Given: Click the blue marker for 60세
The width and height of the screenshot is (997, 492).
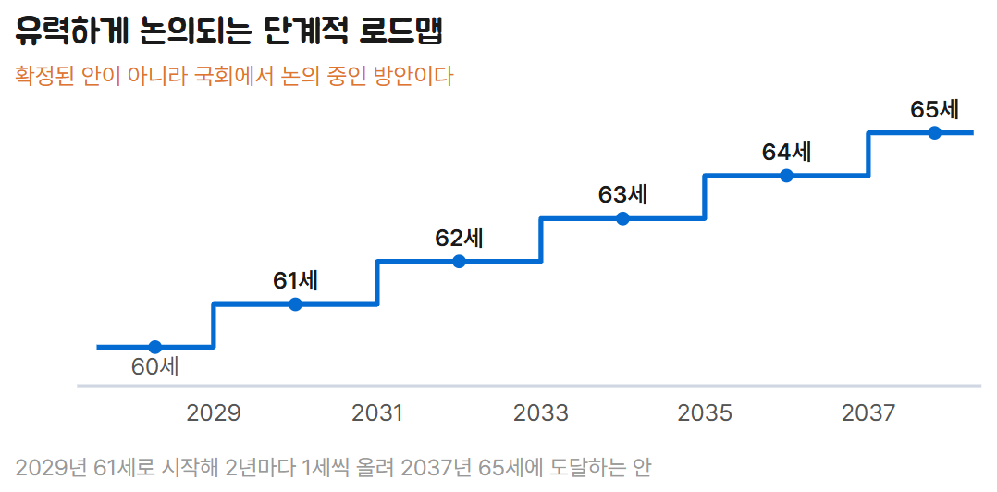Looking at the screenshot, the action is tap(154, 347).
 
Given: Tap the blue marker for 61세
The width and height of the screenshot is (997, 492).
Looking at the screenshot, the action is tap(295, 304).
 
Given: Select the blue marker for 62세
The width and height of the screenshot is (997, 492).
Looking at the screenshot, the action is tap(459, 261).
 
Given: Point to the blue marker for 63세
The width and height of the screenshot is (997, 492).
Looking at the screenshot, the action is tap(623, 218).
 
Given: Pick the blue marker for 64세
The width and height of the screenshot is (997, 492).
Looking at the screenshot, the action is tap(786, 176).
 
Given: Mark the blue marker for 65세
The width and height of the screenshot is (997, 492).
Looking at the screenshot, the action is tap(935, 133).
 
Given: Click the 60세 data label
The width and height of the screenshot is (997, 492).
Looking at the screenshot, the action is tap(155, 367).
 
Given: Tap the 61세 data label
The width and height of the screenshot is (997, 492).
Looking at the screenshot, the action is tap(296, 281).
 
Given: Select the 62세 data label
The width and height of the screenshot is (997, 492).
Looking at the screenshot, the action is tap(459, 238).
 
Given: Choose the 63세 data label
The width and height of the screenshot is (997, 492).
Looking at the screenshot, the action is tap(623, 195).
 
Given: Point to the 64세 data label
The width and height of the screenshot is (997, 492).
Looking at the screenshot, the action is tap(786, 152).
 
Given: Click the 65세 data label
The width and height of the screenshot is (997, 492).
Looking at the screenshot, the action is tap(935, 109).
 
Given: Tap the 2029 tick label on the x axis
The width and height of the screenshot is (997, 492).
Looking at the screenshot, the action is tap(214, 413).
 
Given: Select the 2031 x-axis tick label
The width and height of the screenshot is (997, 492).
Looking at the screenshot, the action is tap(377, 413).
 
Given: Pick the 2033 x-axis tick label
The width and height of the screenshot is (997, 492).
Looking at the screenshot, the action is tap(541, 413).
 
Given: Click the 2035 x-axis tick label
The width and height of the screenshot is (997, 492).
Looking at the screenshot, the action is tap(705, 413).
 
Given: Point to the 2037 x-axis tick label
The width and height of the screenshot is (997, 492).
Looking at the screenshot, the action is tap(868, 413).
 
